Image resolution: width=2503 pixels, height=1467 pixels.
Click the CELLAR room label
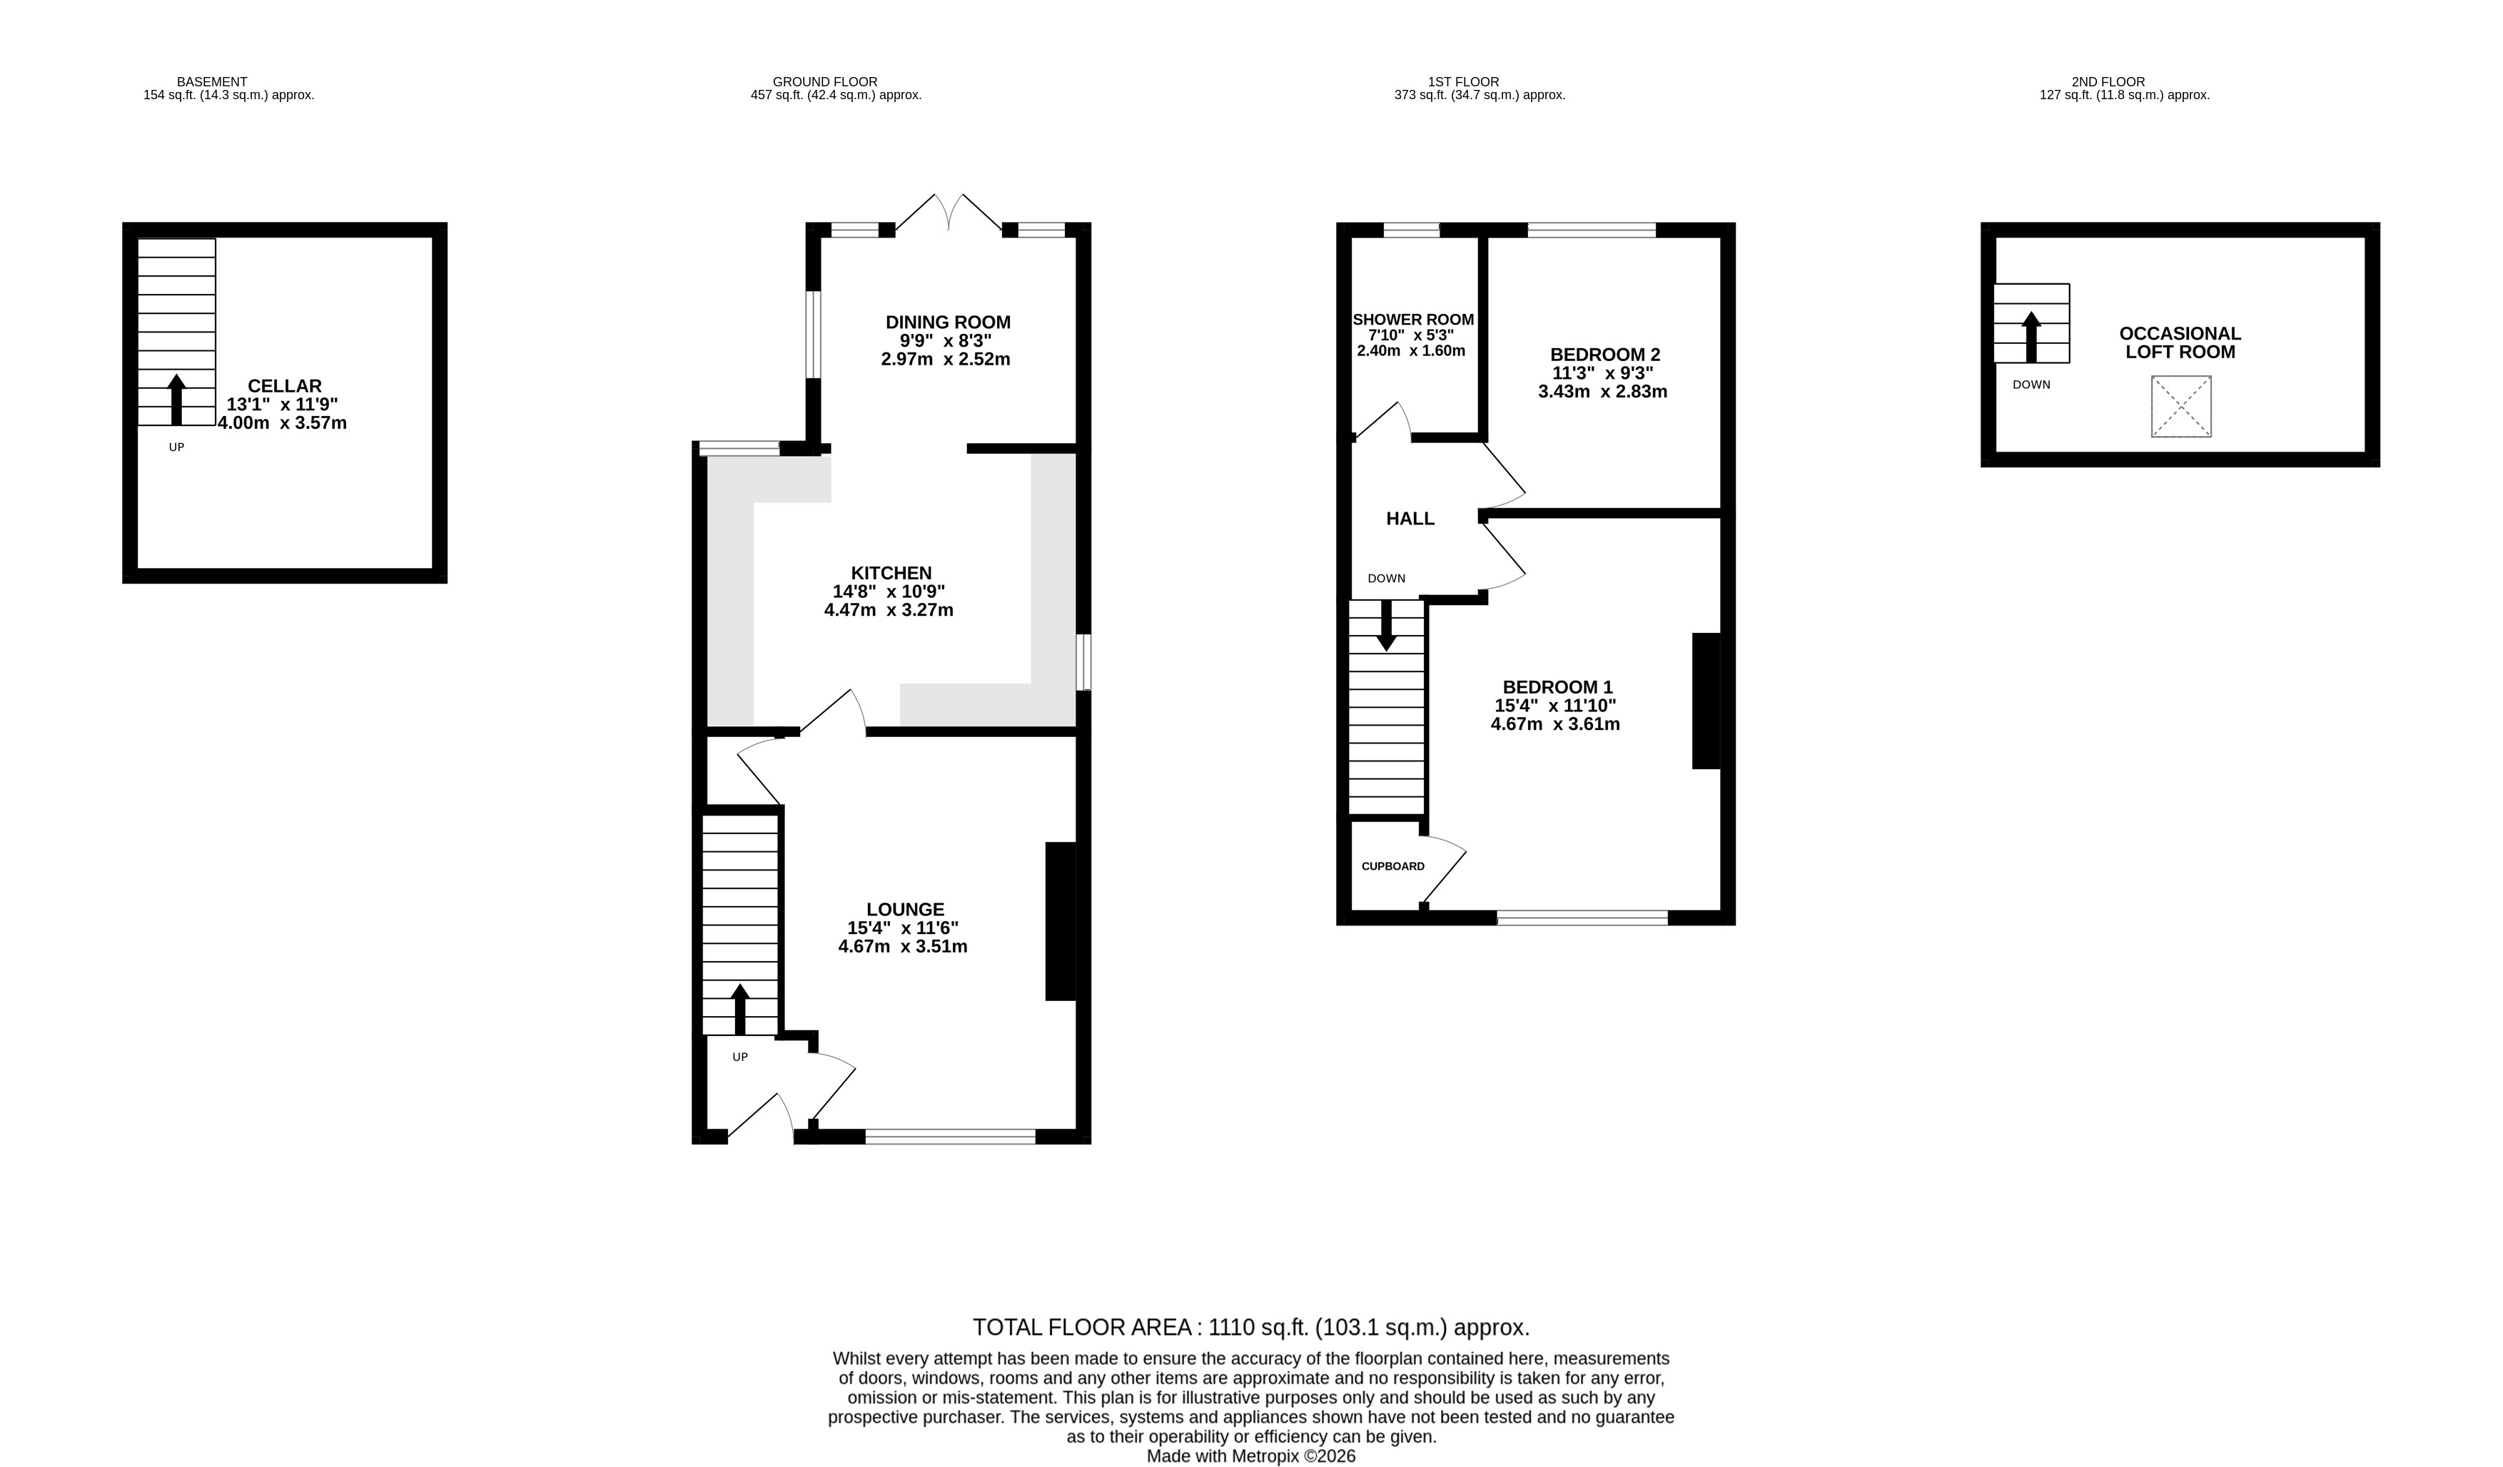point(284,386)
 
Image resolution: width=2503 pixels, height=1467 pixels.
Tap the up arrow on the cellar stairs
point(177,400)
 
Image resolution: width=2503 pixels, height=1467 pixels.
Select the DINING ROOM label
point(948,322)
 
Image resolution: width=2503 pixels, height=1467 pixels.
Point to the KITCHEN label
point(891,573)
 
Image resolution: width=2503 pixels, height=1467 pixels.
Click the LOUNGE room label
point(905,909)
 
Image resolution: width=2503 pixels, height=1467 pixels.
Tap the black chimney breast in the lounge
point(1060,920)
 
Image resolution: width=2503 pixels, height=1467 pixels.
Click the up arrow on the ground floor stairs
point(740,1009)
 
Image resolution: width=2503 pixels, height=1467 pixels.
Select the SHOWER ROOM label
point(1412,320)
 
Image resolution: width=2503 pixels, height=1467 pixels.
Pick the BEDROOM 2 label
point(1605,355)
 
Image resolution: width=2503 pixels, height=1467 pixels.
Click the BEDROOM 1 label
point(1557,686)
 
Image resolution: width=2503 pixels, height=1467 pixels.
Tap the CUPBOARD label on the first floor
point(1392,866)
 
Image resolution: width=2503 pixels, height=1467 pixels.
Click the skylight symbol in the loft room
point(2181,406)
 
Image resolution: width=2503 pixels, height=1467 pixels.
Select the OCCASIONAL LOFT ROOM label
point(2180,342)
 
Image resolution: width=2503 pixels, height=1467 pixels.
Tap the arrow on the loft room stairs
point(2031,337)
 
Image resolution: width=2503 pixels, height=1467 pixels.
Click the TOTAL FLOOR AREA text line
point(1250,1327)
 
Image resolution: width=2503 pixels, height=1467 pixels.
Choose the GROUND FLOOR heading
point(824,81)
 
